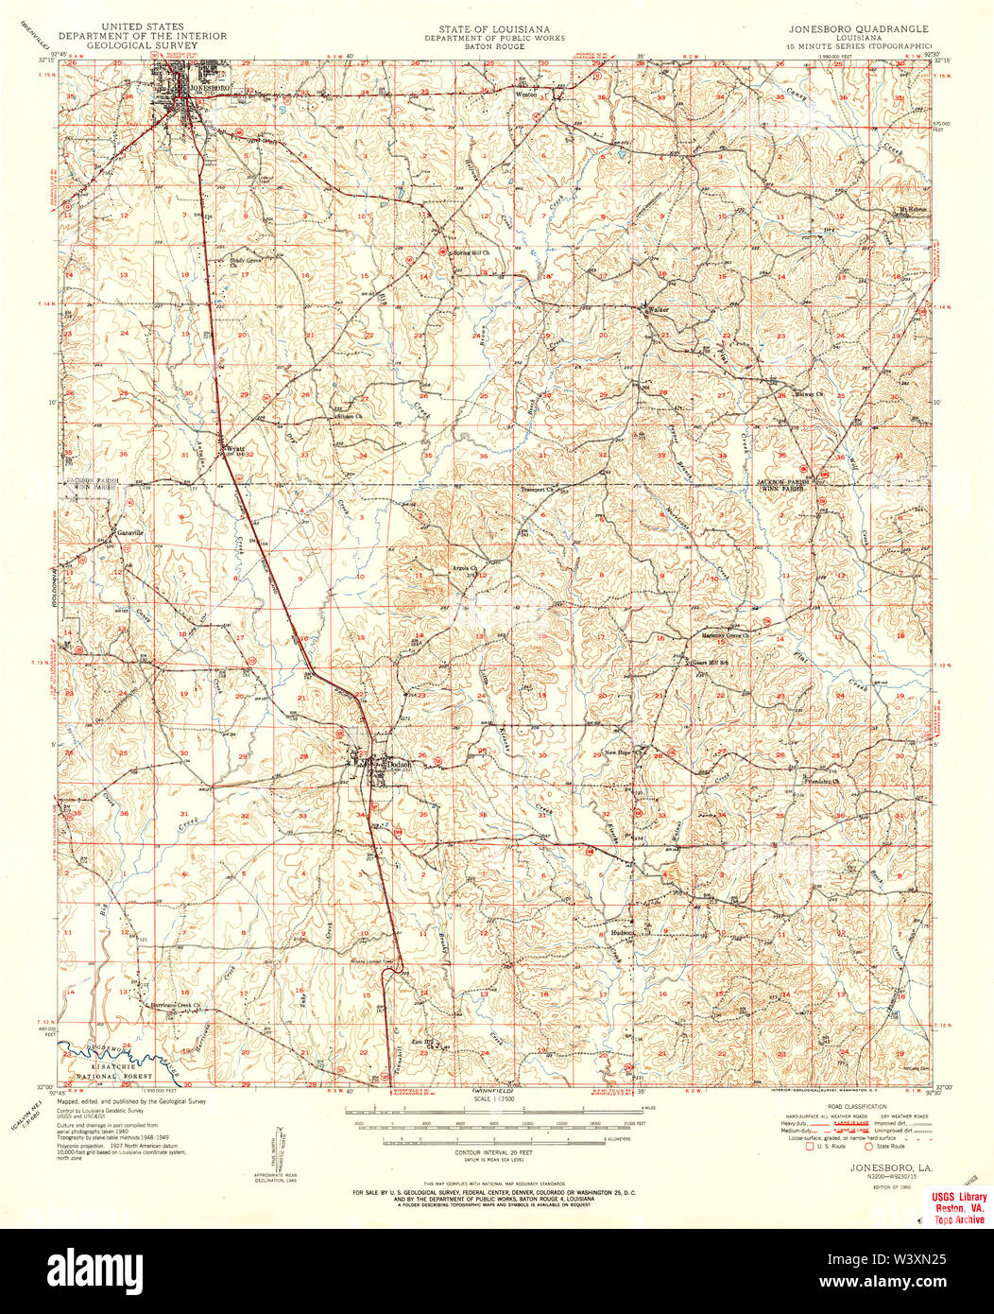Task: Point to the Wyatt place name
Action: tap(234, 450)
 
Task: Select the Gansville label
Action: tap(129, 532)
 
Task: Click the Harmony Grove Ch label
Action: tap(727, 635)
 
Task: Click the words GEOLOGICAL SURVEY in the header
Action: tap(144, 44)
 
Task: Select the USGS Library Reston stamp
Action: tap(955, 1208)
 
